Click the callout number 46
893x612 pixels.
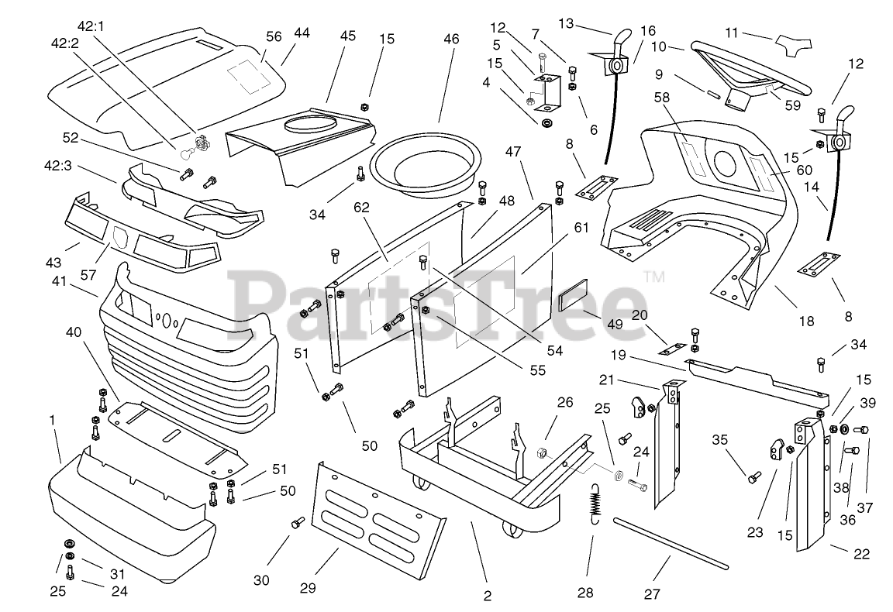450,38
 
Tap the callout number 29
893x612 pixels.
308,589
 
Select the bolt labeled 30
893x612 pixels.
297,524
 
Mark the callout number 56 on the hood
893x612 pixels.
274,36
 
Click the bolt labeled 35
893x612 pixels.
752,478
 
